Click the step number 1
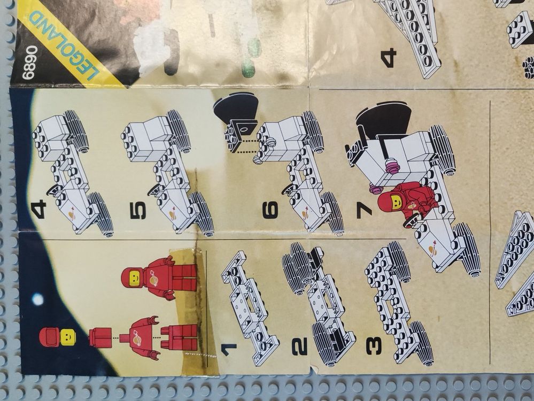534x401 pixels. (x=229, y=350)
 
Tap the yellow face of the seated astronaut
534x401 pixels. (x=397, y=203)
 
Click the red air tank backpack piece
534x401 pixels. (x=100, y=337)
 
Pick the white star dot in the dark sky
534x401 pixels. (x=37, y=300)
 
